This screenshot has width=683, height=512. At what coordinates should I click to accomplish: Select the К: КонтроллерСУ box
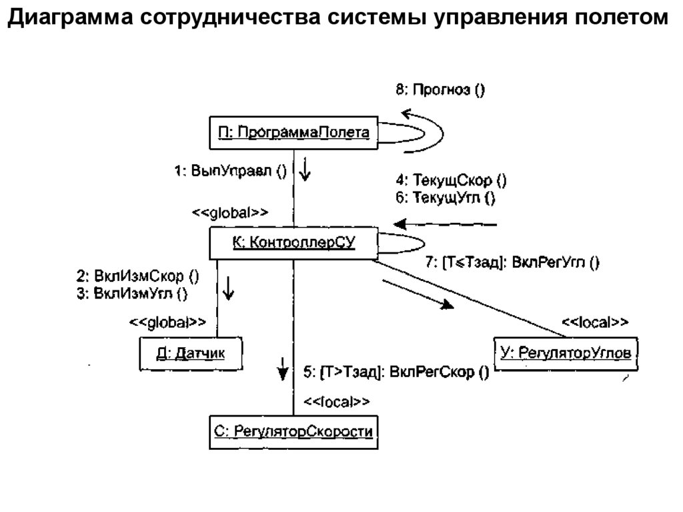[293, 244]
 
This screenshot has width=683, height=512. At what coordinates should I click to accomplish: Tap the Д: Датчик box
[191, 353]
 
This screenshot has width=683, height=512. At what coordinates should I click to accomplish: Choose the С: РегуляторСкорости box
[293, 432]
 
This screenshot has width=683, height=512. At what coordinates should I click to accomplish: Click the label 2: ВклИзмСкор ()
[137, 275]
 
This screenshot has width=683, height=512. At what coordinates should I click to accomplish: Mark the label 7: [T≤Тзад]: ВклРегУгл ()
[512, 263]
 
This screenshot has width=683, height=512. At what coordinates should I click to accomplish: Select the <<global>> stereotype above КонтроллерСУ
[230, 213]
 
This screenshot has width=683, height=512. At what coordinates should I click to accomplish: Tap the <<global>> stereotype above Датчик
[167, 322]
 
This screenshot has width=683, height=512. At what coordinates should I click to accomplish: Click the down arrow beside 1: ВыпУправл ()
[305, 170]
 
